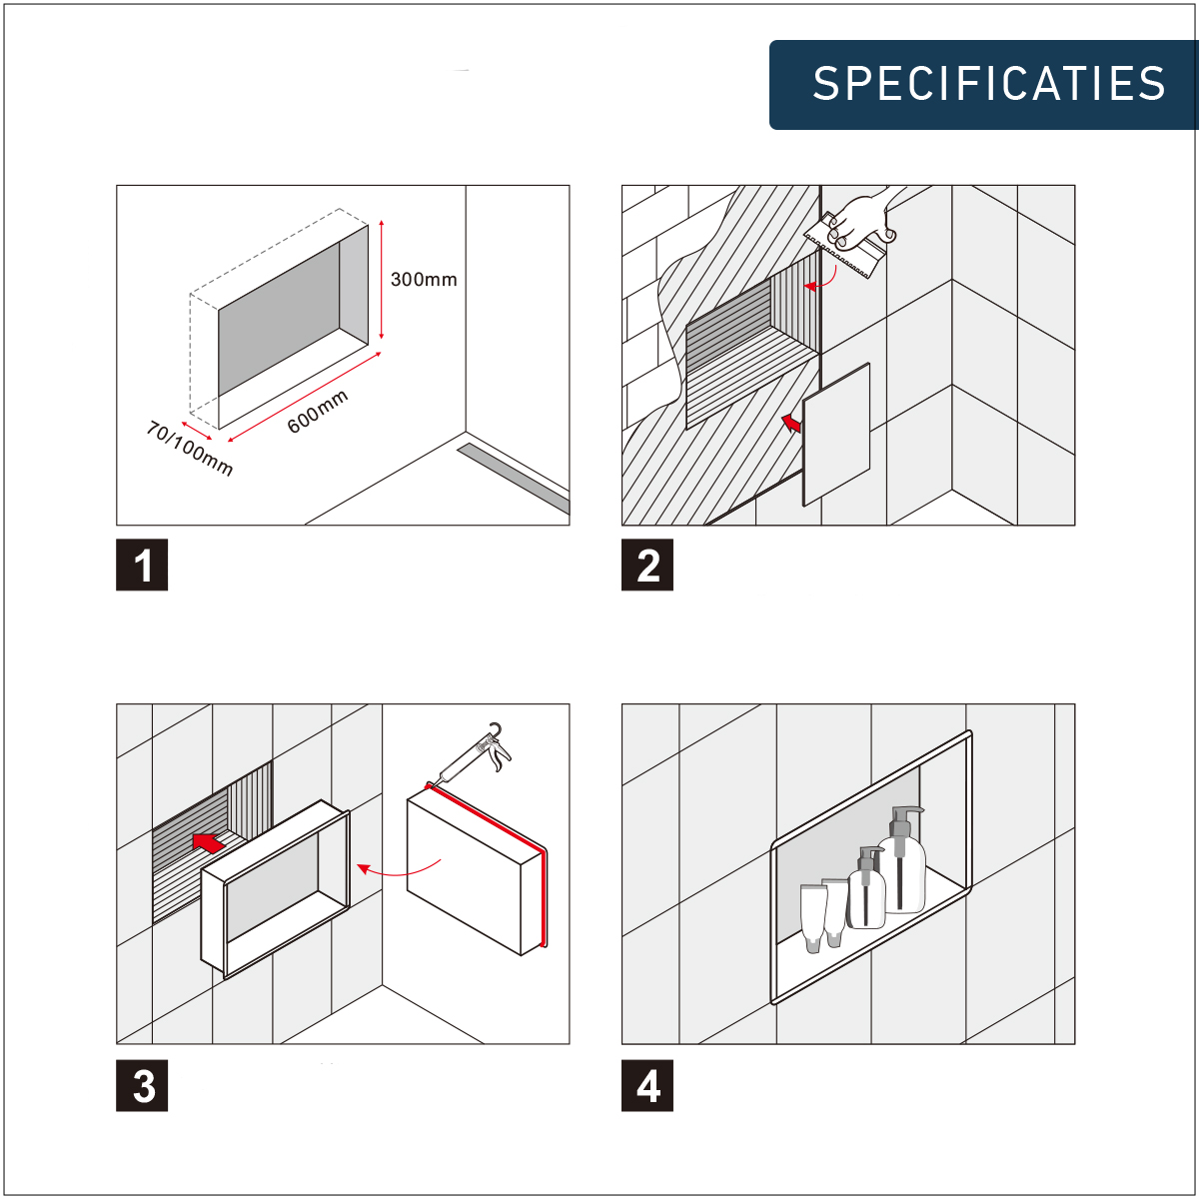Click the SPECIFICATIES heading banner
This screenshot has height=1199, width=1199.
pos(984,85)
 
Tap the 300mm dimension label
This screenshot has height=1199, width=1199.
pos(424,280)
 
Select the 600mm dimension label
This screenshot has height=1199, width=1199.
pos(318,412)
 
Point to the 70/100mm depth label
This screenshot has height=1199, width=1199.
pos(189,448)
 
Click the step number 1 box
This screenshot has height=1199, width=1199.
pos(142,565)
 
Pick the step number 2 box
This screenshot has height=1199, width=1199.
pos(647,565)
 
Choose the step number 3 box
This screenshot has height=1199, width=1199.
pos(142,1085)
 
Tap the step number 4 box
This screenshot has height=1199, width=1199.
pos(647,1085)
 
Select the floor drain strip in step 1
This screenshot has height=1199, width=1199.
pos(514,478)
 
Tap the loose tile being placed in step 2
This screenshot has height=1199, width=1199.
pos(836,435)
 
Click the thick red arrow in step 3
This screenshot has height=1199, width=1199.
pos(209,842)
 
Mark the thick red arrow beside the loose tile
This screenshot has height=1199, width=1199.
pos(791,423)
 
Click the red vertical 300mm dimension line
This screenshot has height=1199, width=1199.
pos(382,280)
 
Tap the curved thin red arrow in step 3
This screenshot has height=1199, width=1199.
pos(399,871)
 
